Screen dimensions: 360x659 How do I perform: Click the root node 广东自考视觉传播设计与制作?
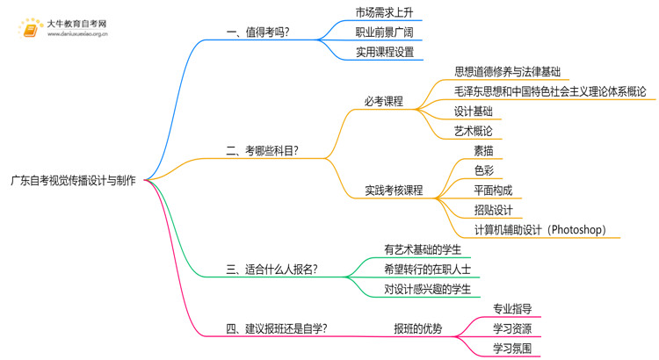click(73, 182)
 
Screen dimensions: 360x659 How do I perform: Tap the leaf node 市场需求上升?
click(384, 12)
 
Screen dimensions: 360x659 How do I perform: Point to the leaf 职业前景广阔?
click(384, 32)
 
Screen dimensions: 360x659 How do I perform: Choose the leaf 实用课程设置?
click(384, 53)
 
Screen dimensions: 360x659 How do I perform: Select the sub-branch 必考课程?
click(384, 101)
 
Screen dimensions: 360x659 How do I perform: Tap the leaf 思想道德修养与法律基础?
click(507, 72)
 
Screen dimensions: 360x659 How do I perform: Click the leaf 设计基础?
click(473, 112)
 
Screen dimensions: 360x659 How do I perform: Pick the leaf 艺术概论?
click(473, 131)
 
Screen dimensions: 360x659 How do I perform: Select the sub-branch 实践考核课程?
click(394, 190)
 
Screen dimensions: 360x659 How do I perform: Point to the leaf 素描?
click(483, 150)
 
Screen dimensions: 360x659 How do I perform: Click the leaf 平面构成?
click(493, 190)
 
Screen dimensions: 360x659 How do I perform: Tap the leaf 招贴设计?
click(493, 210)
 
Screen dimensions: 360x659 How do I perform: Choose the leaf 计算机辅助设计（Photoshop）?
click(540, 230)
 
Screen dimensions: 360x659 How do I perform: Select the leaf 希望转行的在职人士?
click(427, 270)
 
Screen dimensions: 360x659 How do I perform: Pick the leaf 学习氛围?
click(511, 349)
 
